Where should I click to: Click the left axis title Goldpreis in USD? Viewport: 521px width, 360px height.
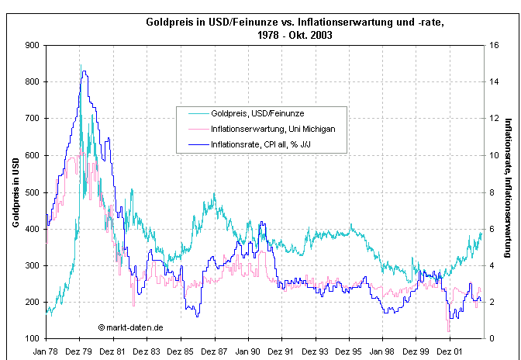[16, 192]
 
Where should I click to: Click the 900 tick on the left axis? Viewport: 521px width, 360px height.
[33, 45]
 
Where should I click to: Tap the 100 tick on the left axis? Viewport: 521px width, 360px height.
[33, 338]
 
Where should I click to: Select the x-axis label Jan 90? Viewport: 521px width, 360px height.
[247, 351]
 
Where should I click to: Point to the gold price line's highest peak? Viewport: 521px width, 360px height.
[80, 65]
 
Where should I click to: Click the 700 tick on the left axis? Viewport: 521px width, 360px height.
[33, 118]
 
